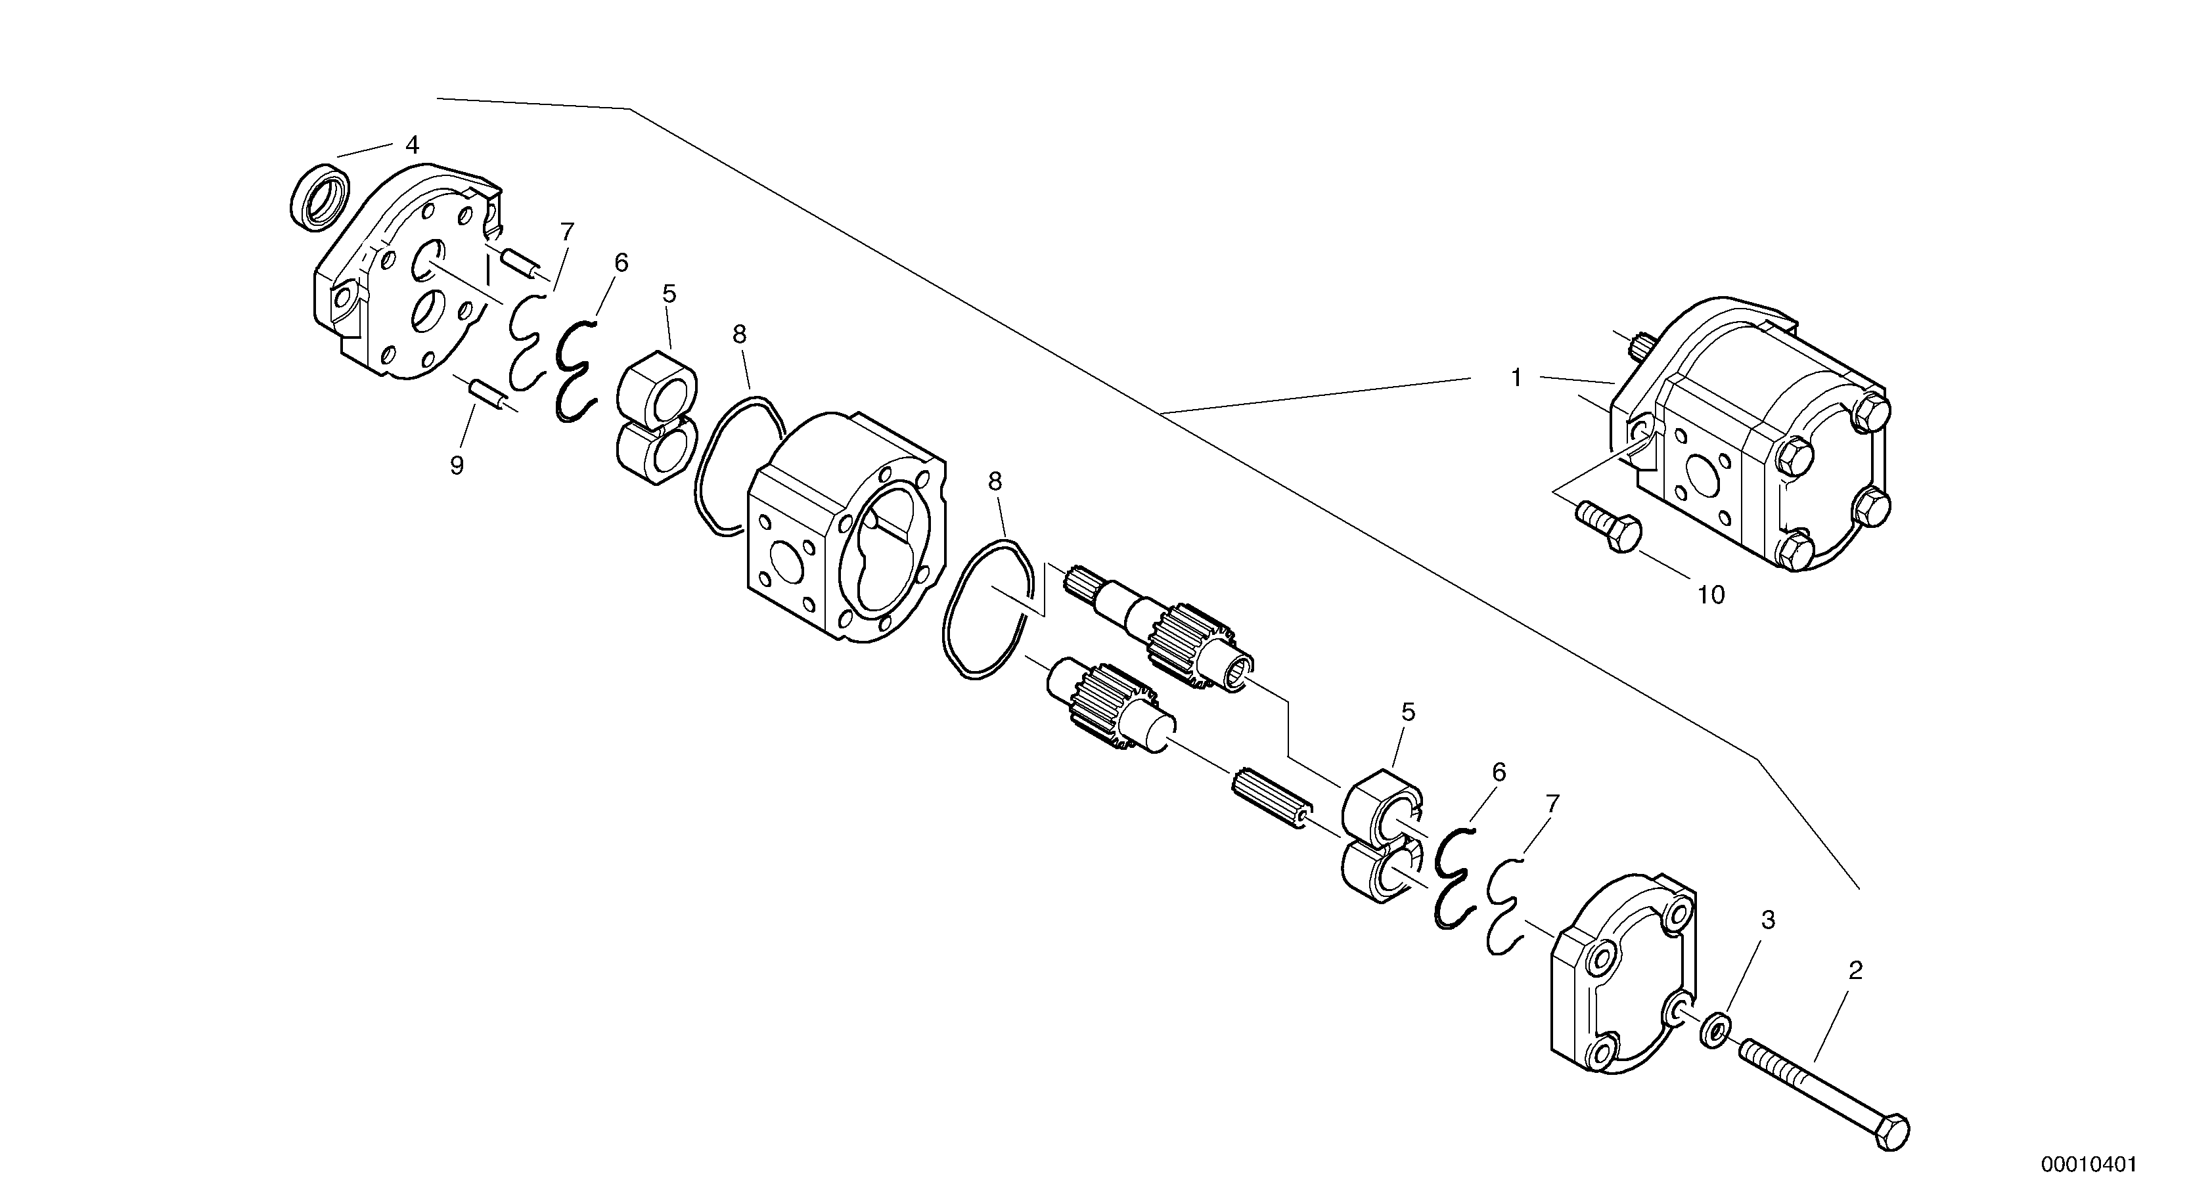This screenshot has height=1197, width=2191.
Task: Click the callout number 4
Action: click(x=412, y=145)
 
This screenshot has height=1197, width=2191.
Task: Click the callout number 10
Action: click(x=1711, y=595)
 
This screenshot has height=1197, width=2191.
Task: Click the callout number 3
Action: click(x=1767, y=920)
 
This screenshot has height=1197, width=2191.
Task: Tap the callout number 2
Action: click(x=1856, y=970)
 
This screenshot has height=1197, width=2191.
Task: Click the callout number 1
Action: click(x=1516, y=378)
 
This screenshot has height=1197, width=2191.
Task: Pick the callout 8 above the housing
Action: click(x=739, y=335)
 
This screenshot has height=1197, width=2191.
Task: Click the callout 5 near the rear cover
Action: click(x=1408, y=712)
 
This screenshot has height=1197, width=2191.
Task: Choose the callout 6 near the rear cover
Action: click(x=1499, y=773)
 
